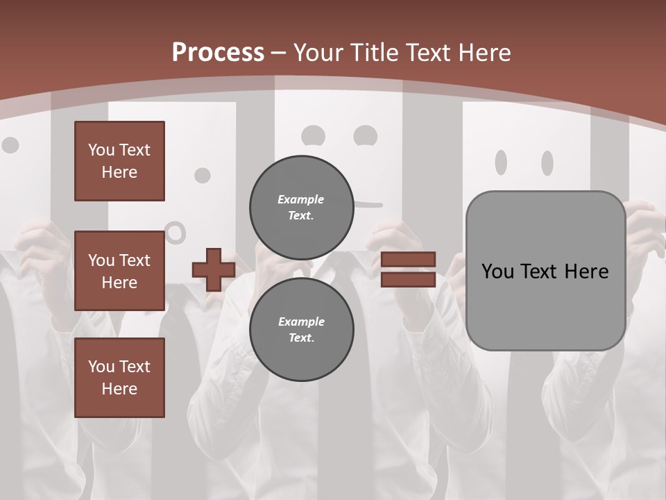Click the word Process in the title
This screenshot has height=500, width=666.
(x=218, y=52)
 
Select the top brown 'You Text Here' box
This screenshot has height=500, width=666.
(x=119, y=161)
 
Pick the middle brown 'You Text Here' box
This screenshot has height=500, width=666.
(x=119, y=271)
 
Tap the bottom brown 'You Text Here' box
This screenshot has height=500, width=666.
(x=119, y=378)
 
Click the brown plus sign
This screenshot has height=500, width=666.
(x=214, y=269)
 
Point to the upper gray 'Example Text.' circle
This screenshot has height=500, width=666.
(x=301, y=207)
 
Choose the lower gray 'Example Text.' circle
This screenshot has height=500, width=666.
(x=301, y=329)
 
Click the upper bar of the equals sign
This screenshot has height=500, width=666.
(x=409, y=259)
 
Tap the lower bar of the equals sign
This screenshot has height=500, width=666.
(x=409, y=279)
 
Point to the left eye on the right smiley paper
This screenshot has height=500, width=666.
(x=501, y=162)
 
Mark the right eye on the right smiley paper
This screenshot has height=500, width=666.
(x=547, y=162)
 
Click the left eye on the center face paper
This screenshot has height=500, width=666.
(x=314, y=135)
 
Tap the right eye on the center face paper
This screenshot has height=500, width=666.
(x=365, y=135)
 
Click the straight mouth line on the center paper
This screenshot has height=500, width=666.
(x=368, y=205)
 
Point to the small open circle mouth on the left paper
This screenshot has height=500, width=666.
(x=176, y=233)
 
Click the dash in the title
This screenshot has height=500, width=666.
(x=279, y=53)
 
